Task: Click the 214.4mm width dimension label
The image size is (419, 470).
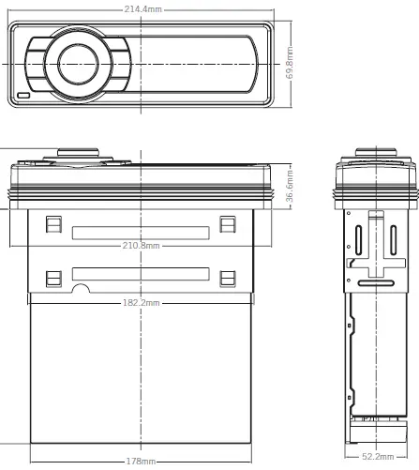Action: [141, 8]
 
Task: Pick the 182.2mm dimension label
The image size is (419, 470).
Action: [142, 302]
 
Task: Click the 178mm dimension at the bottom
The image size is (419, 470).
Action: [141, 462]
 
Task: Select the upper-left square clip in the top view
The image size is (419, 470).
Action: [53, 225]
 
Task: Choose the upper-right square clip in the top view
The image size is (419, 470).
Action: [226, 225]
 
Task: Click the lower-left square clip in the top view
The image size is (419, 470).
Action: [53, 278]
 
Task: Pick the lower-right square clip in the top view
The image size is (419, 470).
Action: [226, 278]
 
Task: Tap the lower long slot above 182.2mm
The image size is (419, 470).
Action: [140, 275]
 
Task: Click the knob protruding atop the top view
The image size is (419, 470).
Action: [79, 153]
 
